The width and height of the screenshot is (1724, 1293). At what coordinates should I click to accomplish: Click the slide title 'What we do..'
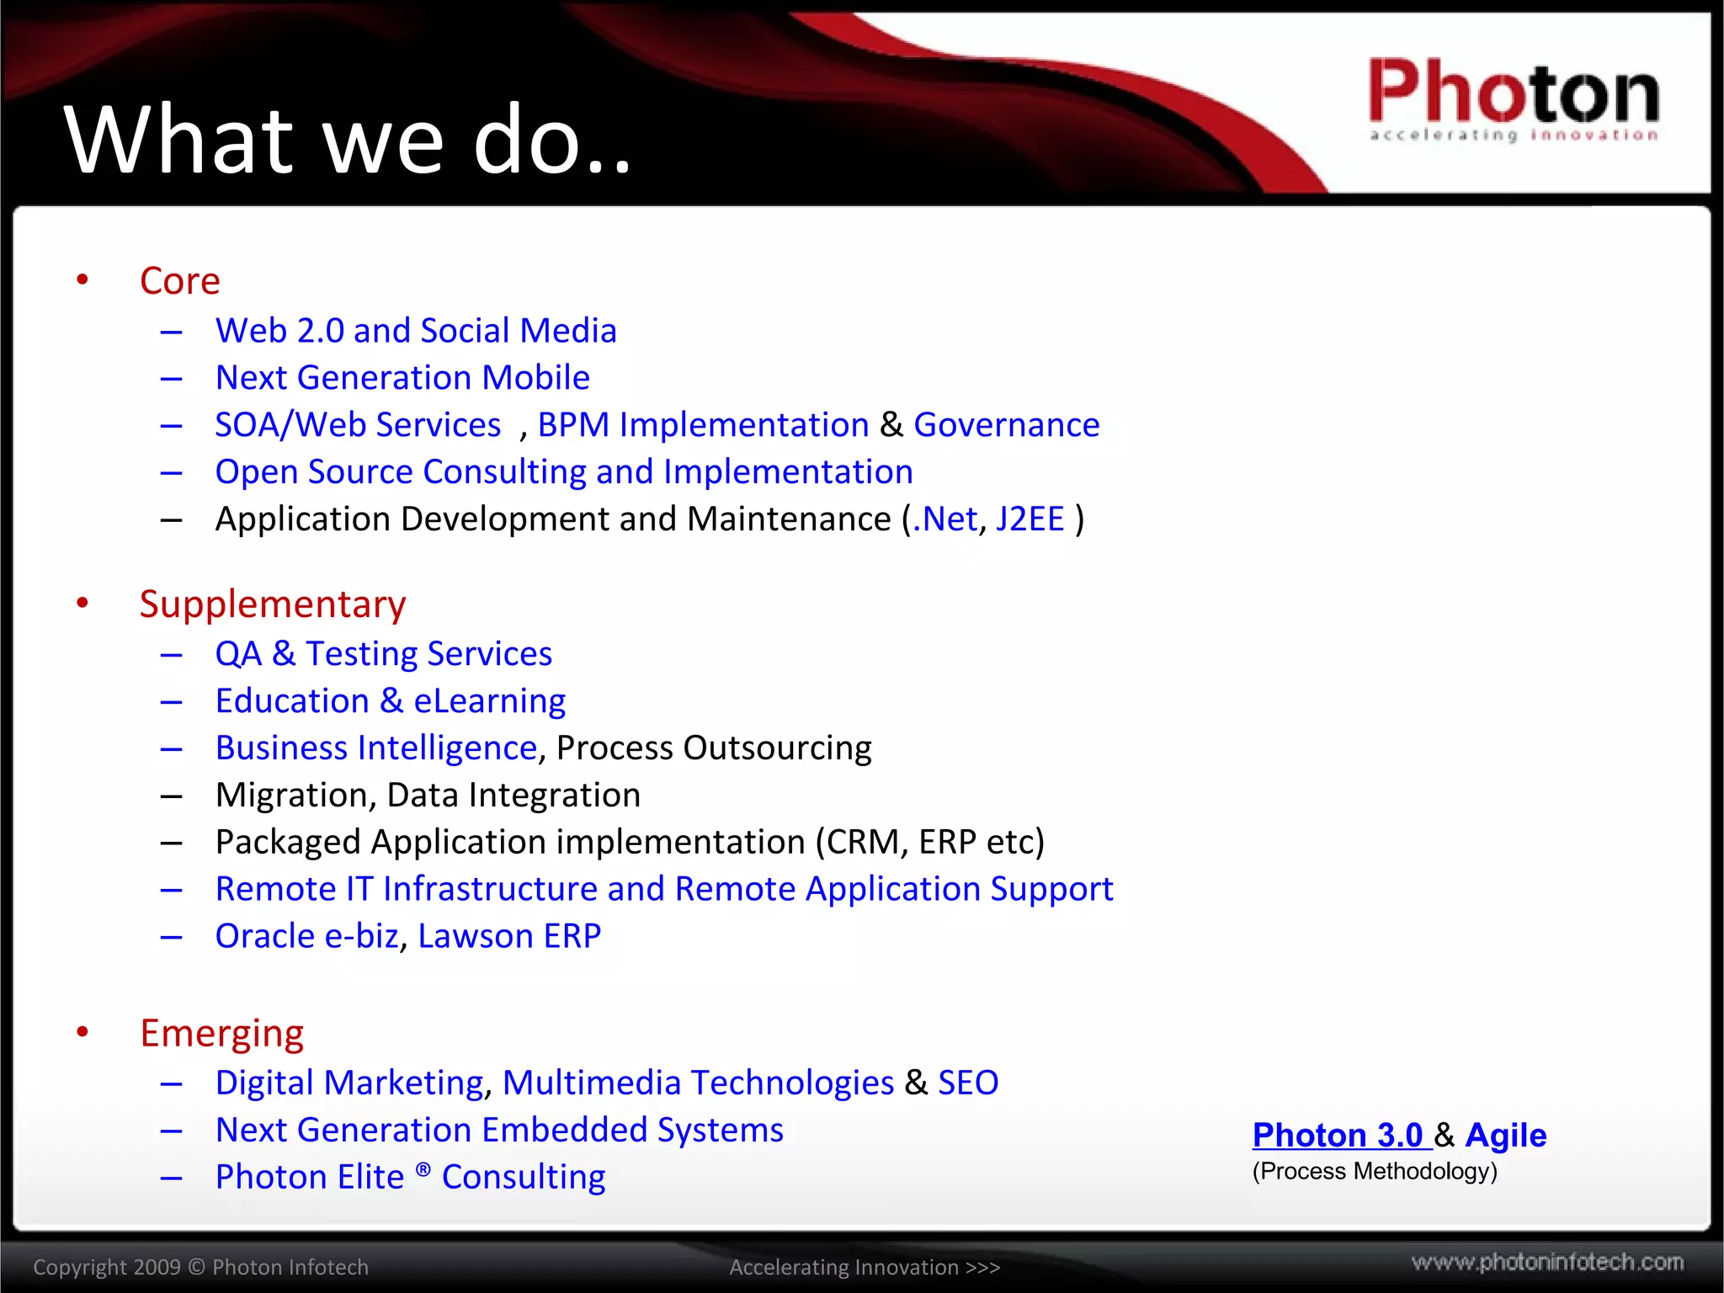tap(348, 140)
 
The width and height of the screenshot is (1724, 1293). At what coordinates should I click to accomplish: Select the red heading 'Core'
tap(179, 281)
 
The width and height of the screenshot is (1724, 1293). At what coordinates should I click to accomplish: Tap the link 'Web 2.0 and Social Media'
tap(416, 331)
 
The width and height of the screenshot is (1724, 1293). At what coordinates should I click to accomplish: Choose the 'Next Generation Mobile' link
tap(402, 378)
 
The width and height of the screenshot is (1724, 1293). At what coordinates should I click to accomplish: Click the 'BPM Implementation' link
tap(703, 425)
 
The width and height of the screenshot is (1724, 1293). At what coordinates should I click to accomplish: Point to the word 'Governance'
tap(1006, 425)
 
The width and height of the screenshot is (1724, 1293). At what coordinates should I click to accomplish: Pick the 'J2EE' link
tap(1030, 519)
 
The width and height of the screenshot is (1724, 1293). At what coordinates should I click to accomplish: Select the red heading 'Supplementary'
tap(273, 604)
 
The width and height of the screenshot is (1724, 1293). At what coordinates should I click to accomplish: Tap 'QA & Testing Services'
tap(384, 654)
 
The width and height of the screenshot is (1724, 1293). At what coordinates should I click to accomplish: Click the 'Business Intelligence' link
tap(376, 748)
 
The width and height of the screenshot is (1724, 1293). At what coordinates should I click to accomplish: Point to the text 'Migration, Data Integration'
tap(428, 795)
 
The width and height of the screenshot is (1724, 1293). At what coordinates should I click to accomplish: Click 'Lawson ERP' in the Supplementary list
tap(509, 936)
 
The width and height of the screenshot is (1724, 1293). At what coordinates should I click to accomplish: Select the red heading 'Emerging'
tap(221, 1034)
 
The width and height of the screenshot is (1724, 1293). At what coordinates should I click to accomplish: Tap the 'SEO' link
tap(968, 1083)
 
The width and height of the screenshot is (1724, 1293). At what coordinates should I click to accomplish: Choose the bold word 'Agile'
tap(1505, 1136)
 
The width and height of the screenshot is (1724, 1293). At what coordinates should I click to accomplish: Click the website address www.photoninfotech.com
tap(1547, 1263)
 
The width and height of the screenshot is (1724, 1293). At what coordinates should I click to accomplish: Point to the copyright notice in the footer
tap(200, 1268)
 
